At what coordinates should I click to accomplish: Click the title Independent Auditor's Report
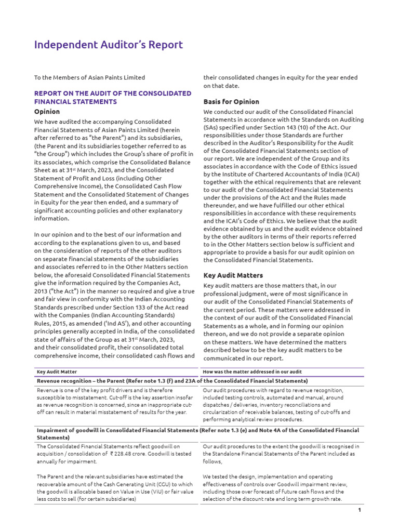(109, 45)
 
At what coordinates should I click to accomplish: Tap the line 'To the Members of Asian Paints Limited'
(89, 77)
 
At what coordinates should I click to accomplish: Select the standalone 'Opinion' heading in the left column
(47, 112)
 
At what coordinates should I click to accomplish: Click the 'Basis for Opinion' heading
(231, 102)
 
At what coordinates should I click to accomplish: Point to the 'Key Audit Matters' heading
(233, 275)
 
